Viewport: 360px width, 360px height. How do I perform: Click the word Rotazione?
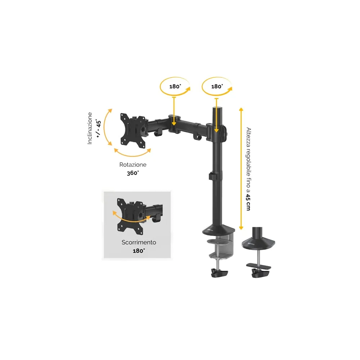[x=133, y=165]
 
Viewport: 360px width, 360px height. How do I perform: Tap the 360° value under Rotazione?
[x=133, y=173]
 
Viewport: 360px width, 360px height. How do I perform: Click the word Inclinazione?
[x=90, y=129]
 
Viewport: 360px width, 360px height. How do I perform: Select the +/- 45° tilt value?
[x=98, y=129]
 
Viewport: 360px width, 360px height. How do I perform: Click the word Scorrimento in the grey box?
[x=139, y=242]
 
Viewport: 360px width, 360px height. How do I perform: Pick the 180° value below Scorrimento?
[x=139, y=251]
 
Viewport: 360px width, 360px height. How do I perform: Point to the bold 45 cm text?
[x=248, y=202]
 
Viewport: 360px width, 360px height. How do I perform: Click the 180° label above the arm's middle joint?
[x=175, y=86]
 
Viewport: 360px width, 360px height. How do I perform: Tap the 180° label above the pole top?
[x=217, y=86]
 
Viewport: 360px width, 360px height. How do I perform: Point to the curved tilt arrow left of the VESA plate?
[x=105, y=127]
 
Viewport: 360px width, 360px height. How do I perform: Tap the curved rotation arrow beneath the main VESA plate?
[x=132, y=155]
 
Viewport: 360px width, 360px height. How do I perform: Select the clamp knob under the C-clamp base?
[x=219, y=273]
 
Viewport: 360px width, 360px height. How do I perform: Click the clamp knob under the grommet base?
[x=260, y=273]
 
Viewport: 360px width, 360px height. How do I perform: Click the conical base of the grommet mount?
[x=258, y=243]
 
